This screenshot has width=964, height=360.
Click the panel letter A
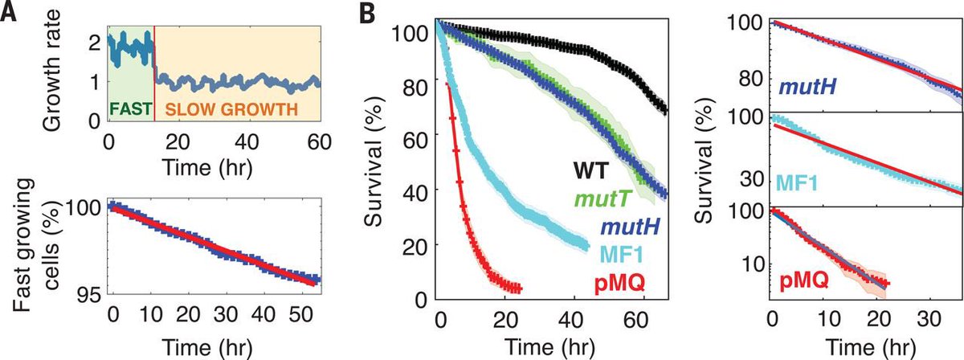tap(10, 14)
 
